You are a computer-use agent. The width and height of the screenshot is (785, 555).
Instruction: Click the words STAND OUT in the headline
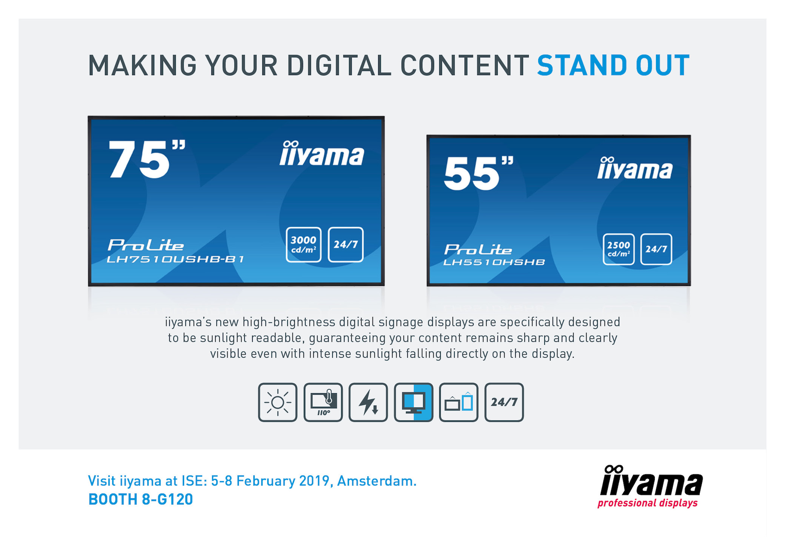tap(613, 65)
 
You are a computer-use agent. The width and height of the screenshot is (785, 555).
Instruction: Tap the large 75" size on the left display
tap(147, 159)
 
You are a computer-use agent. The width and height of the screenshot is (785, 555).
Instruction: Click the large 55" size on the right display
tap(479, 173)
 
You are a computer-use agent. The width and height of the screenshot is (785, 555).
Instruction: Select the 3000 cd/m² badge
tap(303, 244)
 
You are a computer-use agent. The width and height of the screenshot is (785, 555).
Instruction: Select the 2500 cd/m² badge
tap(619, 249)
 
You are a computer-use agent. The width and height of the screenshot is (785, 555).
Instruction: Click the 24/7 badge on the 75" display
tap(346, 244)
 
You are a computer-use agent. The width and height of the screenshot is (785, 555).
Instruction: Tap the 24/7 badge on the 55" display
tap(656, 249)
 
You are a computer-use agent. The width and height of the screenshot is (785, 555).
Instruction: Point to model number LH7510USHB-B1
tap(175, 259)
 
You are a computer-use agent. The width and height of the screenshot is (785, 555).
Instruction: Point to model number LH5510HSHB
tap(494, 262)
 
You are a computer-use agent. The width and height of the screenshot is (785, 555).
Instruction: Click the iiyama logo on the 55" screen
tap(635, 168)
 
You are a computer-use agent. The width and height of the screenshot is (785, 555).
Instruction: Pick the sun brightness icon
tap(278, 402)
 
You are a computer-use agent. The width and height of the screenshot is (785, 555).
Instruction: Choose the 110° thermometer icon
tap(323, 402)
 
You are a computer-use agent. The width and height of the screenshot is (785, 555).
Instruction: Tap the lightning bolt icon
tap(368, 402)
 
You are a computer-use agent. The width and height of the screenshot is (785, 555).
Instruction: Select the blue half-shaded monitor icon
tap(414, 402)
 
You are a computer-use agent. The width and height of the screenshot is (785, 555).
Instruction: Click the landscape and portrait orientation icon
tap(459, 402)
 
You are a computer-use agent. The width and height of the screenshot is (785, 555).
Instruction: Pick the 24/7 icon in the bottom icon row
tap(504, 402)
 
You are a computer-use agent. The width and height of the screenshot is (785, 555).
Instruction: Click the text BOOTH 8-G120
tap(140, 499)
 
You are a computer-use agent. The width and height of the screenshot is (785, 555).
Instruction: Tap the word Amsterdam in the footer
tap(377, 481)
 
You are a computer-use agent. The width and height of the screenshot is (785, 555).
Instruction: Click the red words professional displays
tap(648, 503)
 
